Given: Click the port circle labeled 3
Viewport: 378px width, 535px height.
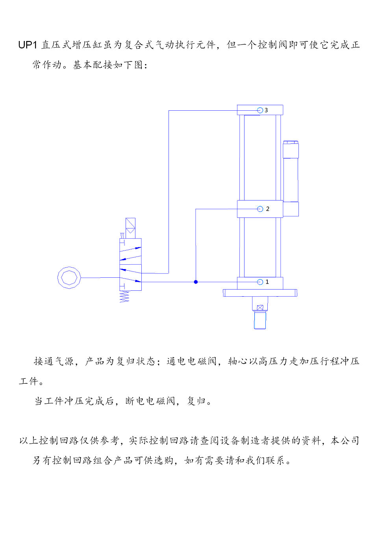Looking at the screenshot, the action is (x=260, y=110).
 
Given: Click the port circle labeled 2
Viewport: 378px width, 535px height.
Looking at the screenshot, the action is (x=260, y=209).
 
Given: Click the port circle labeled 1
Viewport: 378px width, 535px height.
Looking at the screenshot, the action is (x=260, y=282).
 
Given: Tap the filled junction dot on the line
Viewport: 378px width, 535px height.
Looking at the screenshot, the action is (x=196, y=282).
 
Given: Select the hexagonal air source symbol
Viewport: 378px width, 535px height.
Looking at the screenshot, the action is (x=69, y=278).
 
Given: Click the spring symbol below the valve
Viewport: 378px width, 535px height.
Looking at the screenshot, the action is (x=124, y=297).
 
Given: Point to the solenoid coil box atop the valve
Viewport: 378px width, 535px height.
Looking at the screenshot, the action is (x=130, y=228).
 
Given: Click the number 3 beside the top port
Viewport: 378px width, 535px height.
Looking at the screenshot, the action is (x=266, y=110).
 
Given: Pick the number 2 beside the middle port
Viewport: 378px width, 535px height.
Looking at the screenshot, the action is (x=267, y=209).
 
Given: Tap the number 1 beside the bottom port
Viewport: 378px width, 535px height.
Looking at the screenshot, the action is (x=267, y=282).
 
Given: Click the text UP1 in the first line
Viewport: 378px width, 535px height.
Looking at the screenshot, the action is (x=28, y=45).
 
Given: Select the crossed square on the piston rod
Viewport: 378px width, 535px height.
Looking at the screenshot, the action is (x=260, y=308).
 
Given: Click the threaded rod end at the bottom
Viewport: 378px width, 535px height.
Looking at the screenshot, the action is (x=260, y=320).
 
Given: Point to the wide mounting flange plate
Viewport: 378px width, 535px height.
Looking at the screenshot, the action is (x=260, y=293).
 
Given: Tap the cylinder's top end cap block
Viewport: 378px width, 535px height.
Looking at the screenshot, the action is (x=260, y=110).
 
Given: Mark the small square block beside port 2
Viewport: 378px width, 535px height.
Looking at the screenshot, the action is (x=291, y=209).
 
